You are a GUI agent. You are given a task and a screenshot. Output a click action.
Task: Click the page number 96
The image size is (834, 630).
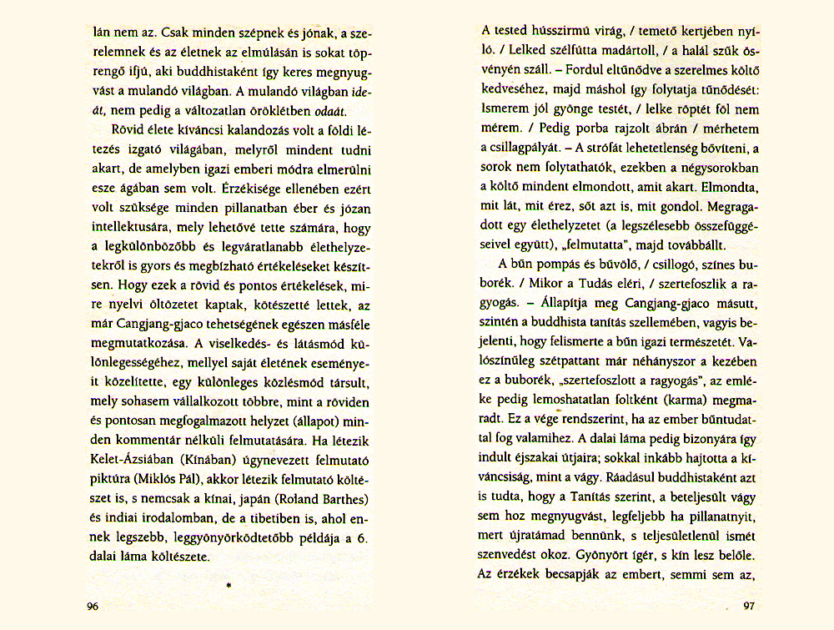pos(93,605)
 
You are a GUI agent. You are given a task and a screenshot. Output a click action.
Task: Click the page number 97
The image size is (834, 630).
pos(748,606)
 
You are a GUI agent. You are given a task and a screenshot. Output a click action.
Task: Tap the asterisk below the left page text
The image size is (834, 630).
pos(228,587)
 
